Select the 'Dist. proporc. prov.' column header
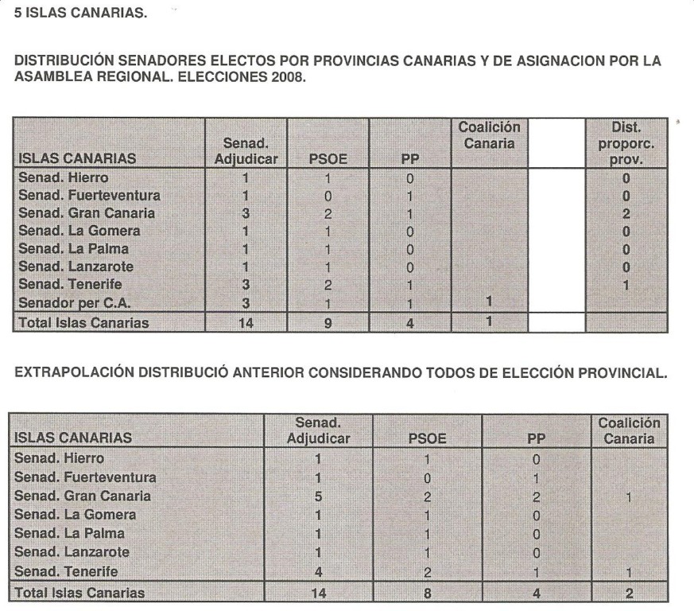626,142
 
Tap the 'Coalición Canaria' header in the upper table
489,135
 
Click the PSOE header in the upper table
327,158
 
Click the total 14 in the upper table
246,323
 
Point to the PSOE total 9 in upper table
327,323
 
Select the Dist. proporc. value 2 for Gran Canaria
626,213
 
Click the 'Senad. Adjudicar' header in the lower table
317,430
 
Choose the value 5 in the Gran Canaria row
317,496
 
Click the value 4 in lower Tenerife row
317,571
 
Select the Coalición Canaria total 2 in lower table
628,593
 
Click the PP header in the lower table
537,437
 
